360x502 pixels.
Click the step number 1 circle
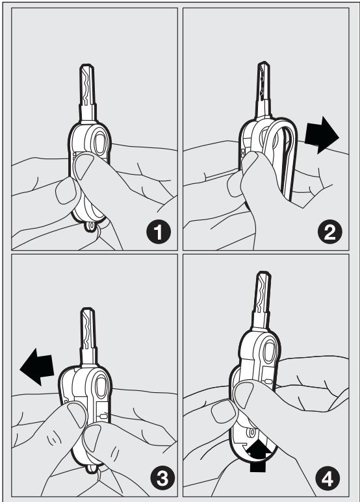[159, 232]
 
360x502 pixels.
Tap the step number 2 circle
[330, 232]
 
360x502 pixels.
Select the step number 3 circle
[163, 479]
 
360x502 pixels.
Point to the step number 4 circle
[328, 479]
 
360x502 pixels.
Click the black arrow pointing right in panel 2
[322, 135]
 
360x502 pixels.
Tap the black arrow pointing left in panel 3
[37, 367]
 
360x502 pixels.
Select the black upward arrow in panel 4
[259, 457]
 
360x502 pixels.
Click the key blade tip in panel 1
[87, 66]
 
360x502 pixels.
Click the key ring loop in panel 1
[90, 225]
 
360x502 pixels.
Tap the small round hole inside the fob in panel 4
[251, 433]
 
